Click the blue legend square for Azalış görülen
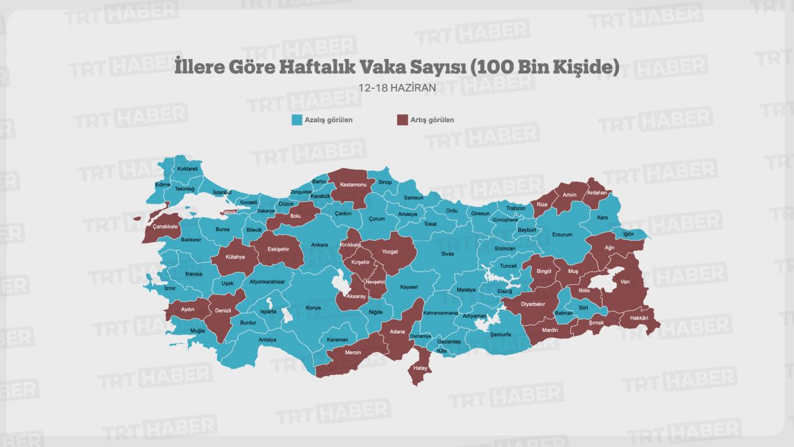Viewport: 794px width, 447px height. (x=297, y=120)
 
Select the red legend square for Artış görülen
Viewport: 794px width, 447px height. (x=403, y=120)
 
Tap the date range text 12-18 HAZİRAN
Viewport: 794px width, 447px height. (x=397, y=88)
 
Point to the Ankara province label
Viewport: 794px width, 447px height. (x=319, y=245)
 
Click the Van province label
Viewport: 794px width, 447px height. (x=625, y=281)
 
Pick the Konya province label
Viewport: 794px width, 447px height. (x=313, y=308)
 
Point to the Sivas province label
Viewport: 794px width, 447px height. (x=448, y=253)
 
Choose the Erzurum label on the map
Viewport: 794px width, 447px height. (x=562, y=235)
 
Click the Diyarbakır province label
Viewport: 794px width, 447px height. (x=532, y=304)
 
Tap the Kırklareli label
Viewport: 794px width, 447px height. (x=187, y=168)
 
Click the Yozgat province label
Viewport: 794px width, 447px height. (x=390, y=251)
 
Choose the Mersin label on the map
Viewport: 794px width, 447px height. (x=353, y=353)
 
